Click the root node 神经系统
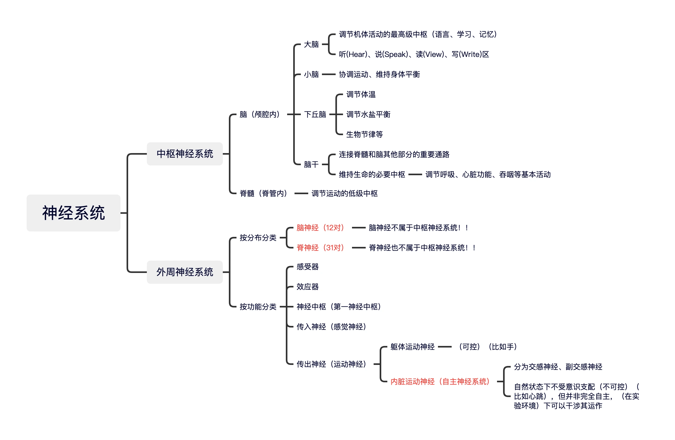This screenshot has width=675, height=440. [74, 213]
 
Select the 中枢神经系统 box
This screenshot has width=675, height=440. [185, 154]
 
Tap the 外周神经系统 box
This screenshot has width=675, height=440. [185, 272]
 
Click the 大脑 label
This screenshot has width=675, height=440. [311, 45]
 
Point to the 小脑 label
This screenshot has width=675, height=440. [311, 75]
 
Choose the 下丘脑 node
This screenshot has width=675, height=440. [315, 114]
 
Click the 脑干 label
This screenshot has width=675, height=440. [311, 164]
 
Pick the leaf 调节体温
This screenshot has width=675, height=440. [361, 94]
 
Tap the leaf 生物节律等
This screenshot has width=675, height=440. [364, 134]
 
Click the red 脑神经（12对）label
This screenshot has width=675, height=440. [320, 227]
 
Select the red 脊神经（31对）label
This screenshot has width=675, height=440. [320, 248]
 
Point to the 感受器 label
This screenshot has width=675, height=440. [307, 267]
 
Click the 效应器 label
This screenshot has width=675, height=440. [307, 287]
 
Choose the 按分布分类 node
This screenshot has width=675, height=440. [258, 238]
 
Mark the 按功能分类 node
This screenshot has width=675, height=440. [258, 307]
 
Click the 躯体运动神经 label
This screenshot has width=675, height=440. [412, 347]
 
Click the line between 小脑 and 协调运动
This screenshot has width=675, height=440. [329, 75]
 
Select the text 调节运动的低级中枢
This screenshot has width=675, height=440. [345, 193]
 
